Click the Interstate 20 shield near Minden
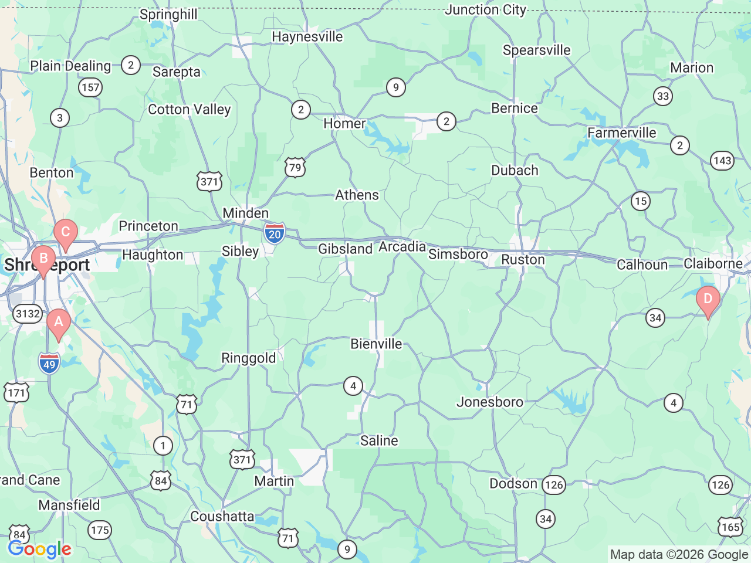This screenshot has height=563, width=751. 274,233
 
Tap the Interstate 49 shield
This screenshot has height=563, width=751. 49,364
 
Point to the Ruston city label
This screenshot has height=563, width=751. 523,260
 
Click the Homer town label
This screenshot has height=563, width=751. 344,124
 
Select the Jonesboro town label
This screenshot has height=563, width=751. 490,402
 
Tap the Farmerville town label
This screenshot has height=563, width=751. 622,133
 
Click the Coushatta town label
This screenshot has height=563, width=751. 222,517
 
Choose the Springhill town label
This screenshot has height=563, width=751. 168,14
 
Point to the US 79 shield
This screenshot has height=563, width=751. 295,168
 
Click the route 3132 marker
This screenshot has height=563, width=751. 28,314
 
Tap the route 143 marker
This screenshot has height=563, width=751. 722,161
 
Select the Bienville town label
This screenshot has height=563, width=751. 376,344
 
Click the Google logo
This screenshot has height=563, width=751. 39,550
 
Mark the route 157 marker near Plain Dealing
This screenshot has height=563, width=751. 90,88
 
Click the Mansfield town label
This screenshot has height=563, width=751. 69,505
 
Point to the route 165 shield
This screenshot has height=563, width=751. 730,527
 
